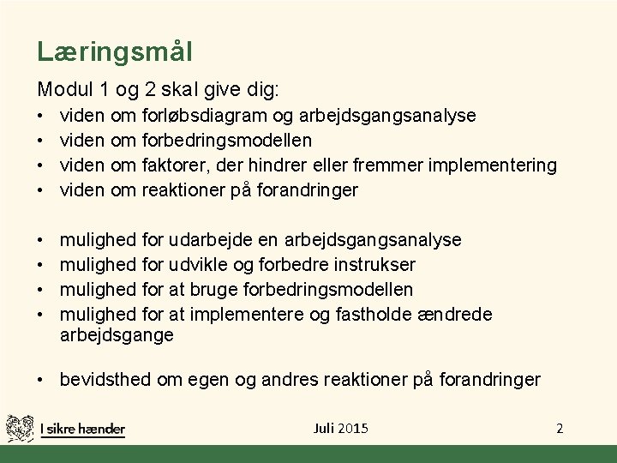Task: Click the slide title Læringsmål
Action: (114, 51)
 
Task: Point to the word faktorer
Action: (174, 164)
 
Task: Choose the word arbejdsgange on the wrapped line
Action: (116, 335)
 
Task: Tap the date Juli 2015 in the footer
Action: (341, 427)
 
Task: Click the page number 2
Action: (560, 427)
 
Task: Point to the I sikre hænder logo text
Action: (83, 429)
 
